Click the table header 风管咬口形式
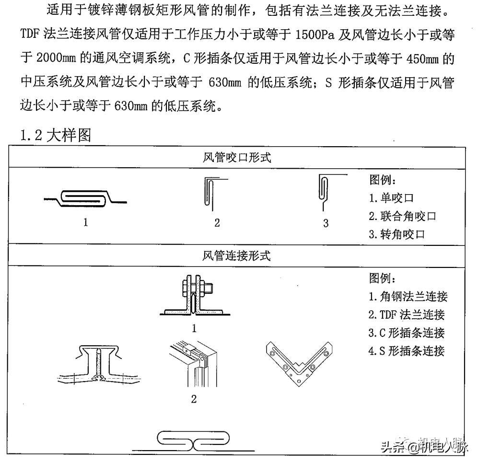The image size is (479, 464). pos(237,157)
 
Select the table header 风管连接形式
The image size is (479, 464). pos(237,255)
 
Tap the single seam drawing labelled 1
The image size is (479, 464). pos(86,198)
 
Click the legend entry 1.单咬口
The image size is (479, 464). pos(391,198)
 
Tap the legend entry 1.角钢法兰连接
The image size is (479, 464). pos(408,296)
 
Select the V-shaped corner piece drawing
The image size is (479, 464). pos(299,362)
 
